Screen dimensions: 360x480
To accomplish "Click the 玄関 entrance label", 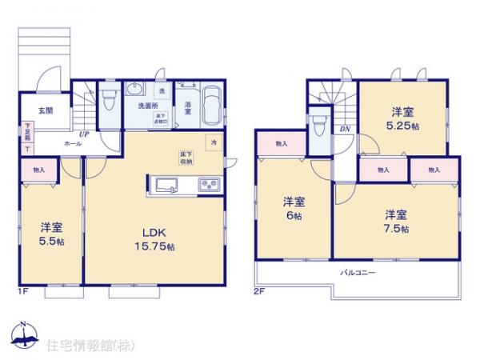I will (45, 111).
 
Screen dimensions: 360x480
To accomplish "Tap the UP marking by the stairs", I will (84, 134).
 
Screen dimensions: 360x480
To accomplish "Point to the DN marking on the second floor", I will (345, 129).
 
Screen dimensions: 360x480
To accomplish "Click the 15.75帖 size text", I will (155, 246).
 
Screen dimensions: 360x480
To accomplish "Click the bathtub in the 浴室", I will (211, 106).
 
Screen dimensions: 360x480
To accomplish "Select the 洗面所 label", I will (148, 106).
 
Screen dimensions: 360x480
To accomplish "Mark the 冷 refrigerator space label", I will (214, 142).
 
